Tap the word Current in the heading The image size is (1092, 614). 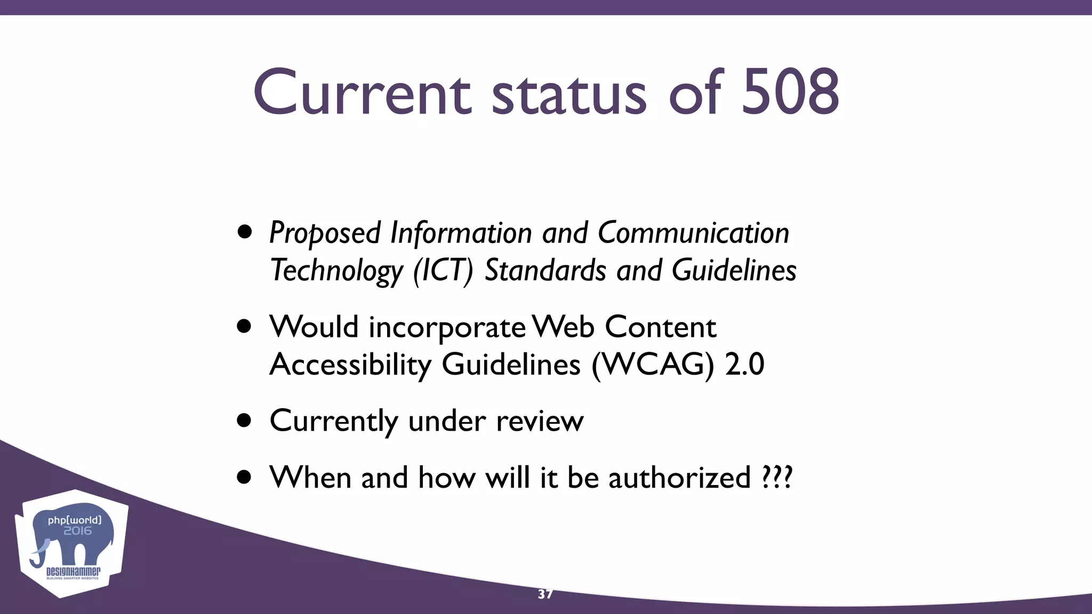coord(362,92)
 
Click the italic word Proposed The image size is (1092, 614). coord(325,233)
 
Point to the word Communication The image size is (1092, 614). coord(693,233)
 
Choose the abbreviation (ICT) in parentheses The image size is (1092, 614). coord(443,270)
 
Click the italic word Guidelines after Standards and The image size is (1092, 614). coord(734,270)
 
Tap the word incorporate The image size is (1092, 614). coord(447,327)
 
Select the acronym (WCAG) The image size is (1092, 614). coord(653,365)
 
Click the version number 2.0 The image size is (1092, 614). coord(744,365)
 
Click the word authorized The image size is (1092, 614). coord(679,477)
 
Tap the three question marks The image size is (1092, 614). coord(777,477)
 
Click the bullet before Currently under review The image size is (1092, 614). coord(244,421)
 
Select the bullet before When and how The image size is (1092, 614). coord(244,477)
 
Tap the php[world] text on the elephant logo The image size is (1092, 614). coord(74,520)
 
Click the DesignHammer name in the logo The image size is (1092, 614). coord(73,571)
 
